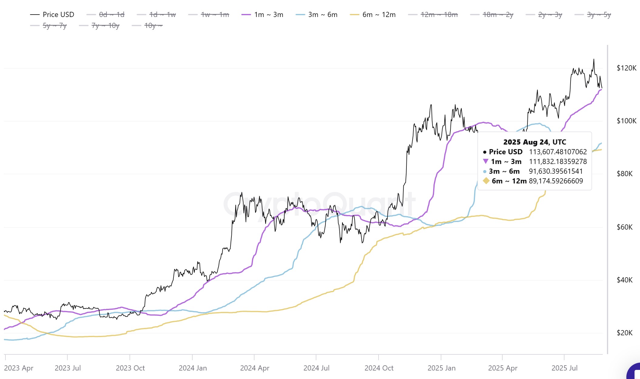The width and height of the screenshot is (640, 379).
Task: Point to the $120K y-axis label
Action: coord(626,68)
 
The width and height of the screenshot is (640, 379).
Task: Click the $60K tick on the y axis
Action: coord(625,227)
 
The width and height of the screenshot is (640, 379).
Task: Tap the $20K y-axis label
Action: coord(625,333)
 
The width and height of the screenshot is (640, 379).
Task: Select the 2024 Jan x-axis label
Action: coord(193,368)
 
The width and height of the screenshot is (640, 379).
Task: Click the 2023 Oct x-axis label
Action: coord(130,368)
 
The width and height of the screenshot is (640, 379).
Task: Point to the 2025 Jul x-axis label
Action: coord(564,368)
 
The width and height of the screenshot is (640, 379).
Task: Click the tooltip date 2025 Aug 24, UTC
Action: coord(534,142)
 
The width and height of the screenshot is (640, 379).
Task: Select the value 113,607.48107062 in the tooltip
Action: coord(558,152)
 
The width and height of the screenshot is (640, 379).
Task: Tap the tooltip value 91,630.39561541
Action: coord(556,171)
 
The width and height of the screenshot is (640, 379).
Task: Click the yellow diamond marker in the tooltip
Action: coord(486,181)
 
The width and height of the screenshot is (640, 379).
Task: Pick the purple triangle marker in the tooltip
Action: coord(486,161)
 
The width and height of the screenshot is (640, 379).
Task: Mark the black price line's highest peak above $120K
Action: coord(594,60)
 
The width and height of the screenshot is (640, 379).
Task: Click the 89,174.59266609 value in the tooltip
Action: coord(556,181)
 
